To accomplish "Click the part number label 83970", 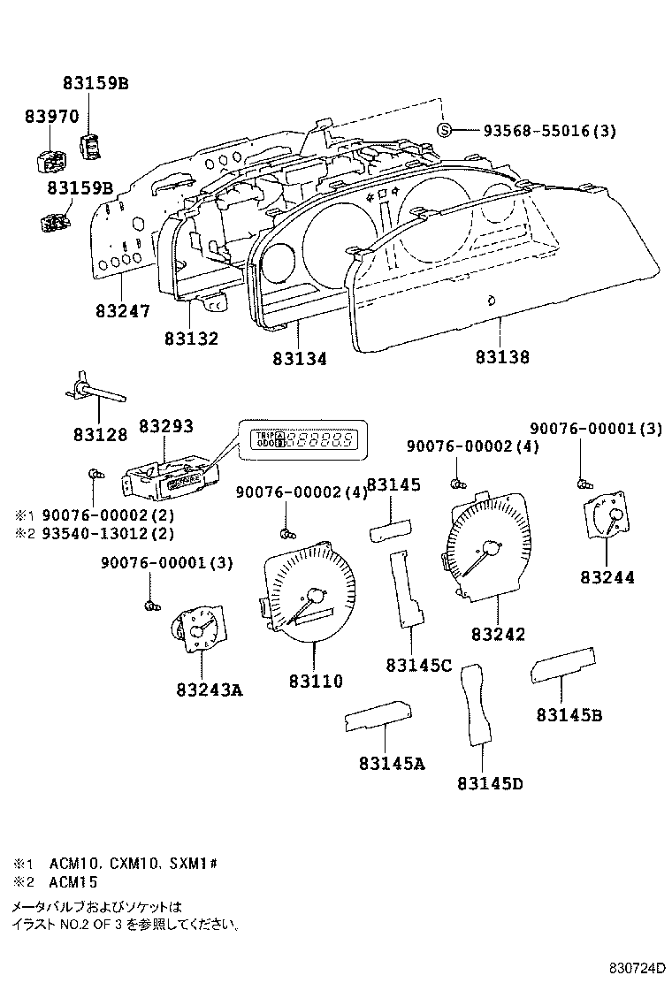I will coord(51,116).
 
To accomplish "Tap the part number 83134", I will coord(299,359).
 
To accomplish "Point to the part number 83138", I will coord(502,357).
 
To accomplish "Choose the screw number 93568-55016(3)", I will coord(549,131).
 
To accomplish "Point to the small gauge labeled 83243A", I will coord(200,631).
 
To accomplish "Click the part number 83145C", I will coord(418,665).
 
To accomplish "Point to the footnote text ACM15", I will coord(73,881).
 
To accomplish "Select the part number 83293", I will coord(164,426).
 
